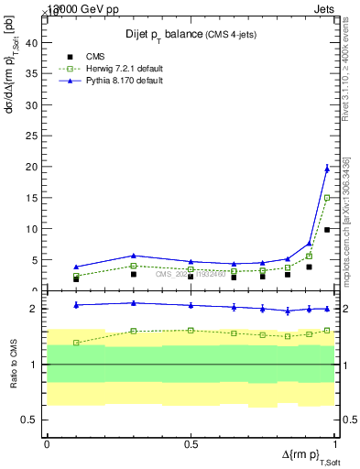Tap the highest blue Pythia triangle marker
(x=327, y=168)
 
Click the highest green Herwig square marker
(x=327, y=197)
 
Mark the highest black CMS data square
(x=327, y=229)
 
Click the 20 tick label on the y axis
(x=33, y=167)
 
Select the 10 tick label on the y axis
(x=33, y=229)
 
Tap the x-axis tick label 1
(x=334, y=444)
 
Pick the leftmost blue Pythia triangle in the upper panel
(x=76, y=267)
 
